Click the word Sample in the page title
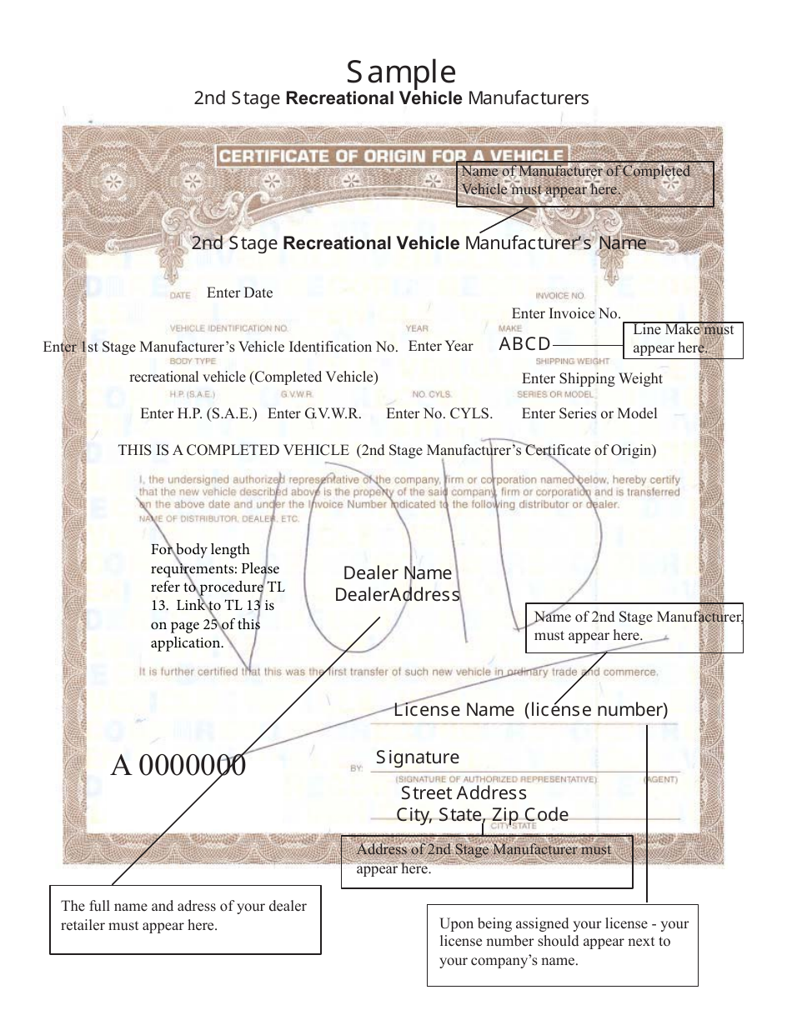click(401, 72)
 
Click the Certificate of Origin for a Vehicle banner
click(390, 156)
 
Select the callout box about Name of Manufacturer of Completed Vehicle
click(585, 183)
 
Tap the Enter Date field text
click(239, 292)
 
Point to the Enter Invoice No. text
click(566, 313)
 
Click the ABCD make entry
click(524, 344)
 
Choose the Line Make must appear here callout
click(682, 339)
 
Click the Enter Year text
click(440, 346)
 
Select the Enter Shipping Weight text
click(591, 378)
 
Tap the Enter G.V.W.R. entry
click(314, 413)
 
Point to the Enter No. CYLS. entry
click(439, 413)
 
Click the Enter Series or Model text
click(589, 413)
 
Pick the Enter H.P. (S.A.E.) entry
click(198, 413)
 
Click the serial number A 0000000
click(178, 765)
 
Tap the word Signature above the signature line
click(417, 757)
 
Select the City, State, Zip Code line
click(482, 814)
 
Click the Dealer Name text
click(398, 573)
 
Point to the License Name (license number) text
click(530, 710)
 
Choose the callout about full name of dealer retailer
click(185, 918)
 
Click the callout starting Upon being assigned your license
click(563, 942)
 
